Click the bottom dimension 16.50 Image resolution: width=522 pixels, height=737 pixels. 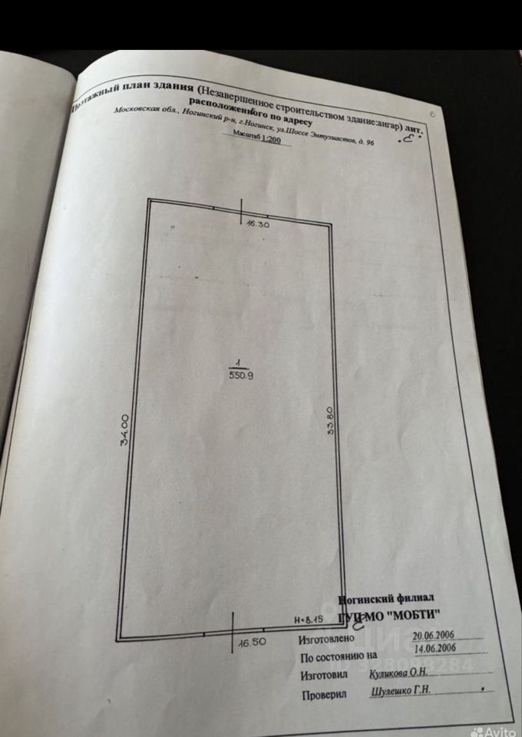click(x=253, y=643)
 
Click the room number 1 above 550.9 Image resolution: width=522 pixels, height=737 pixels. click(x=240, y=364)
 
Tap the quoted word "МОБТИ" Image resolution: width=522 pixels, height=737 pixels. click(x=411, y=614)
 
